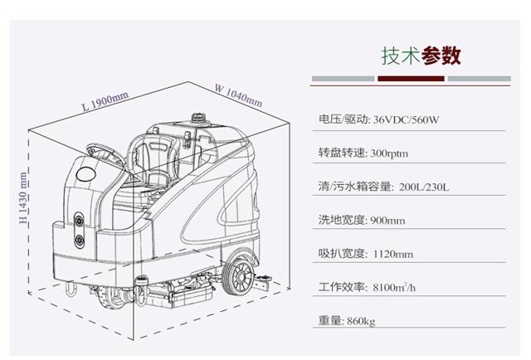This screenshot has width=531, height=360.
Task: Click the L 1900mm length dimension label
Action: [x=105, y=101]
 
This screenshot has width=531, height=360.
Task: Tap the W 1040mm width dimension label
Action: [x=239, y=95]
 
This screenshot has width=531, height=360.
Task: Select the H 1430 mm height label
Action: [x=22, y=197]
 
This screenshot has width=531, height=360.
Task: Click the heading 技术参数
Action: [x=421, y=56]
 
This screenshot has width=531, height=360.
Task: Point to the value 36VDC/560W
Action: [x=406, y=119]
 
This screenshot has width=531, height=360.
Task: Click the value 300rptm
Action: [x=389, y=153]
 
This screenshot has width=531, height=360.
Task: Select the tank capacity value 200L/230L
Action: [x=424, y=187]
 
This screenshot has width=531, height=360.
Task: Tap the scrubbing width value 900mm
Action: [x=387, y=221]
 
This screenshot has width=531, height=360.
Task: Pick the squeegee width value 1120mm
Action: [x=392, y=254]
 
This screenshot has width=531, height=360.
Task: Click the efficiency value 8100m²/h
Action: [x=394, y=287]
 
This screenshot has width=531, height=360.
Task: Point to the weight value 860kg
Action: [x=361, y=321]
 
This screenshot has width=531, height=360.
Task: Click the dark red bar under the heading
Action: [x=411, y=79]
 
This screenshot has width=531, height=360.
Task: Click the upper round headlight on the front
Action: [x=80, y=221]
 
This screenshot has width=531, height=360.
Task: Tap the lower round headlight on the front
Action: [x=80, y=240]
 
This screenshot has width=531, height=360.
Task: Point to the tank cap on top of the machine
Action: [x=198, y=119]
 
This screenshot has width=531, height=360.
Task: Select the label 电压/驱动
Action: [x=343, y=119]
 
